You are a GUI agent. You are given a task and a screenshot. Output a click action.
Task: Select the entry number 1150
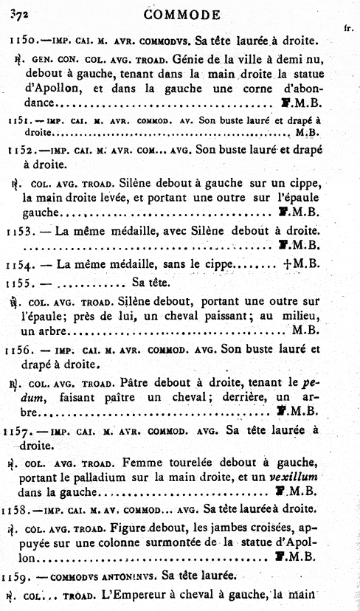tap(19, 38)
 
